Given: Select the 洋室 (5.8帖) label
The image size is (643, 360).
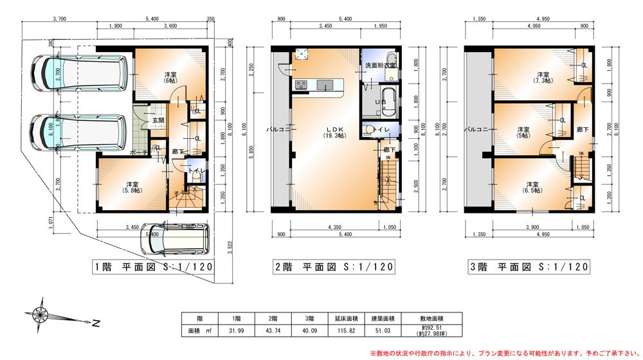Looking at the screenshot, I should click(x=133, y=187).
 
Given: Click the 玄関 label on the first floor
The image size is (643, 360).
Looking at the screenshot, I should click(x=157, y=120).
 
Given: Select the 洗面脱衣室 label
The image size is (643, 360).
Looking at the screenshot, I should click(x=380, y=66).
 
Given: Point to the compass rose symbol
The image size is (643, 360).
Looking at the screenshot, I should click(x=41, y=314).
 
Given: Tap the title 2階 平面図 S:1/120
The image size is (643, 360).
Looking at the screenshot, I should click(x=335, y=267).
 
